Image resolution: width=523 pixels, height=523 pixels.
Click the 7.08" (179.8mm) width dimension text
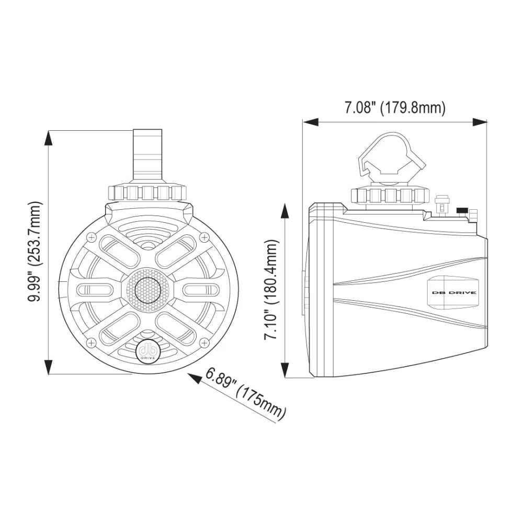coord(395,108)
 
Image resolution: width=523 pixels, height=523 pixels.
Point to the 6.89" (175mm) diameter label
coord(246,394)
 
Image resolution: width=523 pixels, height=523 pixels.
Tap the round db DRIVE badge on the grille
coord(147,351)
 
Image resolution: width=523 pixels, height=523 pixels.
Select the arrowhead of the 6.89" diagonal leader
coord(196,378)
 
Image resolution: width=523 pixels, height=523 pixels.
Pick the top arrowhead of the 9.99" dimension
coord(49,138)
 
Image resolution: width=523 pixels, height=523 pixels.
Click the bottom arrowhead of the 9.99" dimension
coord(49,367)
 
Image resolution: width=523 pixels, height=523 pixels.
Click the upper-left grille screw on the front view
coord(92,237)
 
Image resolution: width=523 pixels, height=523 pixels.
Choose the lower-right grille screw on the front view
coord(203,343)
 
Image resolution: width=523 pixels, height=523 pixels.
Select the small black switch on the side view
coord(462,211)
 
